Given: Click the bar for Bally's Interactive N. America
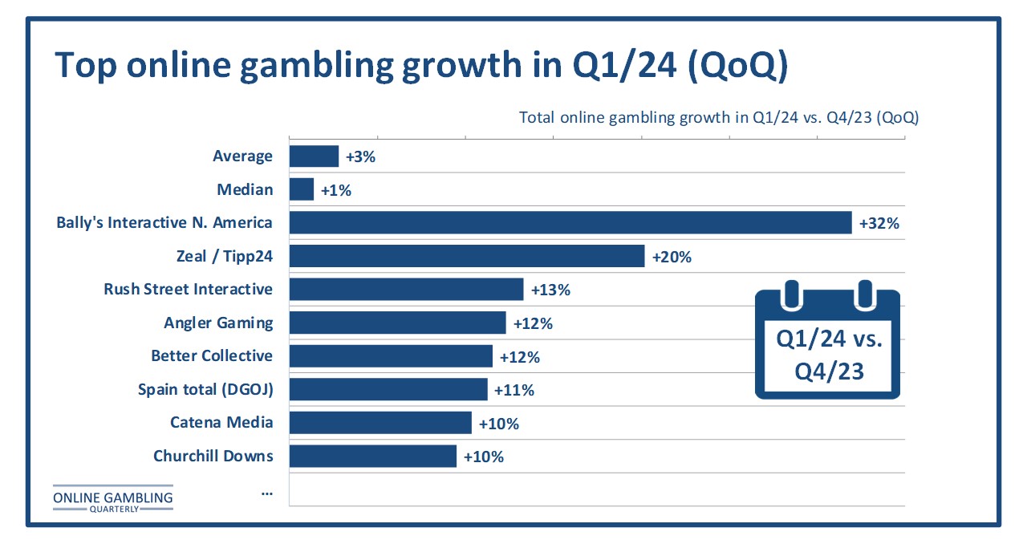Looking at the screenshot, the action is tap(570, 223).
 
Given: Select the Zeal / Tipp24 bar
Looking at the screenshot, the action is tap(467, 256).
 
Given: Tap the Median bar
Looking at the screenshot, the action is tap(302, 189).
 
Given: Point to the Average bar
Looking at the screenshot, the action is tap(314, 156).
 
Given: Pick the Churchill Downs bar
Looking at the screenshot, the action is tap(373, 457).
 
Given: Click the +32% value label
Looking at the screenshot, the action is tap(879, 223).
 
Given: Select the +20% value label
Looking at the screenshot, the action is tap(672, 257).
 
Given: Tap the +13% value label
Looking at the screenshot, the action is tap(550, 290).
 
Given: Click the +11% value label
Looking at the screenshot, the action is tap(513, 391).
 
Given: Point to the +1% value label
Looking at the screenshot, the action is tap(336, 190).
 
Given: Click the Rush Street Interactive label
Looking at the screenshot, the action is tap(188, 289).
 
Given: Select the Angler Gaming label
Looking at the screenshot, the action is tap(218, 323).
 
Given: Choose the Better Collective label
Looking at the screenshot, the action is tap(212, 356).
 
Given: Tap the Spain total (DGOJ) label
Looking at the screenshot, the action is tap(205, 389).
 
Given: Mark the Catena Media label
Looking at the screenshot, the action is tap(221, 422).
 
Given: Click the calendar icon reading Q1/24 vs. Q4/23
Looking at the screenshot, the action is tap(827, 339).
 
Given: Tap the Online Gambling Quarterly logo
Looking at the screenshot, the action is tap(113, 499).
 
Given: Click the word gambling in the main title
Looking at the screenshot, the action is tap(317, 65).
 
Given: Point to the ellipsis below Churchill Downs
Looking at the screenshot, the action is tap(267, 493).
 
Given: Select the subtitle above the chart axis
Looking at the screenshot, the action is tap(718, 118).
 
